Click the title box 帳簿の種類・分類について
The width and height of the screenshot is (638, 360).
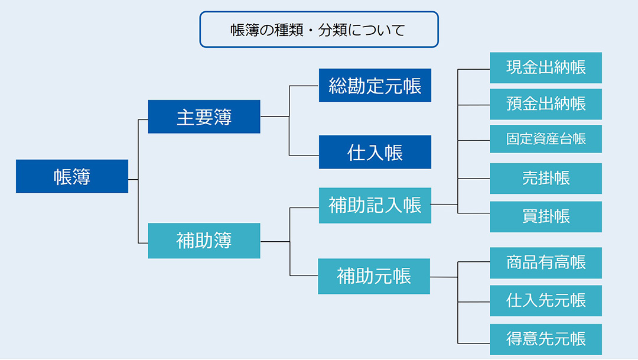[319, 30]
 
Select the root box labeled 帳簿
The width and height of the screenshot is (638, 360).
[71, 176]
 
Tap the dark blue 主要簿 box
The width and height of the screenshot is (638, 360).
[204, 116]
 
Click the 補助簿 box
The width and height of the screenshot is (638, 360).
[204, 241]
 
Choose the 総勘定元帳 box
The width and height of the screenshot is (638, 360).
[375, 86]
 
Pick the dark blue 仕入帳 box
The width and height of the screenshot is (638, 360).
[375, 152]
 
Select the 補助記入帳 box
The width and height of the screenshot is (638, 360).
[375, 205]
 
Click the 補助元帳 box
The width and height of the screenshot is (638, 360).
[374, 276]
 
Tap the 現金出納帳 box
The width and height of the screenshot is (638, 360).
[545, 67]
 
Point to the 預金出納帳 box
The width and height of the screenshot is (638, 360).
[545, 104]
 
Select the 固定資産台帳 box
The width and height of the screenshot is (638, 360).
[545, 139]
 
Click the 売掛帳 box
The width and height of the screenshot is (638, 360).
[545, 179]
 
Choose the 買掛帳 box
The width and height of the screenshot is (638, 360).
[545, 216]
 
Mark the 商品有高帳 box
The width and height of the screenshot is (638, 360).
[545, 262]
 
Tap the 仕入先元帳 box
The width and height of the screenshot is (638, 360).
[545, 300]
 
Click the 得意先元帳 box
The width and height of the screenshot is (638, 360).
[545, 339]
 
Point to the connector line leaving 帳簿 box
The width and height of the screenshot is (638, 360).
[133, 179]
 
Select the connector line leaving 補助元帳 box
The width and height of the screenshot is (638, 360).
[444, 277]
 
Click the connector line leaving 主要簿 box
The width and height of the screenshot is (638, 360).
[275, 116]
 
